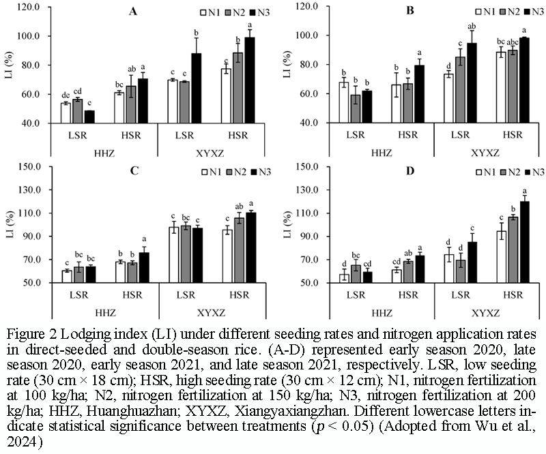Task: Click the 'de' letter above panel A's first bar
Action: [66, 95]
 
